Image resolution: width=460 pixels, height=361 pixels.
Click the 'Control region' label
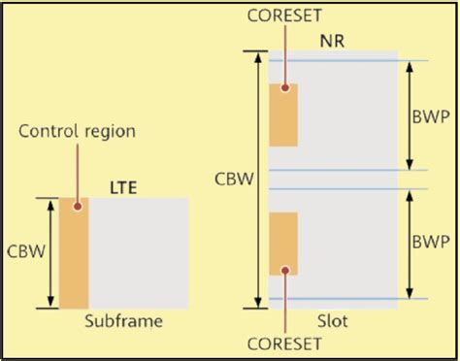[77, 130]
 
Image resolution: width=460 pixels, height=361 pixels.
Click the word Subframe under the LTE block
[122, 321]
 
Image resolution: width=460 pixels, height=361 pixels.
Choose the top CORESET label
[284, 16]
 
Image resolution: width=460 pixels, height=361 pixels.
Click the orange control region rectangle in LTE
[74, 253]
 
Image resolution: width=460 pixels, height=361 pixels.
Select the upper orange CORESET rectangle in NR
[283, 115]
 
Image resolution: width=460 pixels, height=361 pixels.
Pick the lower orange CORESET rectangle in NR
[283, 244]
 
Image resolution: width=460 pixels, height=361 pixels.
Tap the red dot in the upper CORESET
[284, 88]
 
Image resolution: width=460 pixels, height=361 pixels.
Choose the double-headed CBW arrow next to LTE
[49, 253]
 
